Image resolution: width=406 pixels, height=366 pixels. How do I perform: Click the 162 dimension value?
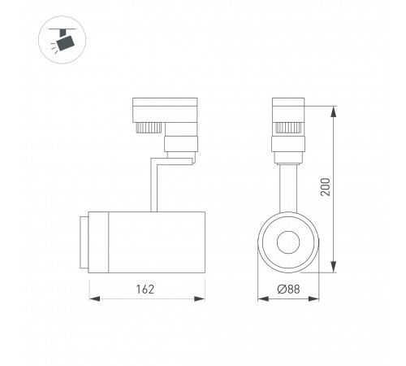(x=144, y=289)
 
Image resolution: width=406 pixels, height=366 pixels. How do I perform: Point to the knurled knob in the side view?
(x=148, y=129)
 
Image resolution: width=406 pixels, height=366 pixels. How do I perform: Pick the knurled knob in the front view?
(x=288, y=127)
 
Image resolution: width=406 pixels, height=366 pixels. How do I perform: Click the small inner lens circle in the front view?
(x=288, y=243)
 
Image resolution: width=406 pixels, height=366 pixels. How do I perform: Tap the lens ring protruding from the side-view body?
(x=84, y=240)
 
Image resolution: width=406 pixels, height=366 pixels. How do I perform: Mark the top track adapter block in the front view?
(x=288, y=111)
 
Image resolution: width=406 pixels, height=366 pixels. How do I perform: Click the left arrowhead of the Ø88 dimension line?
(x=261, y=298)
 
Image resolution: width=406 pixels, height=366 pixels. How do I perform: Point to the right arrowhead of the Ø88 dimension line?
(x=315, y=298)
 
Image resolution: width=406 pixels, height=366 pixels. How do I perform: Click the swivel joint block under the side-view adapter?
(x=179, y=146)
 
